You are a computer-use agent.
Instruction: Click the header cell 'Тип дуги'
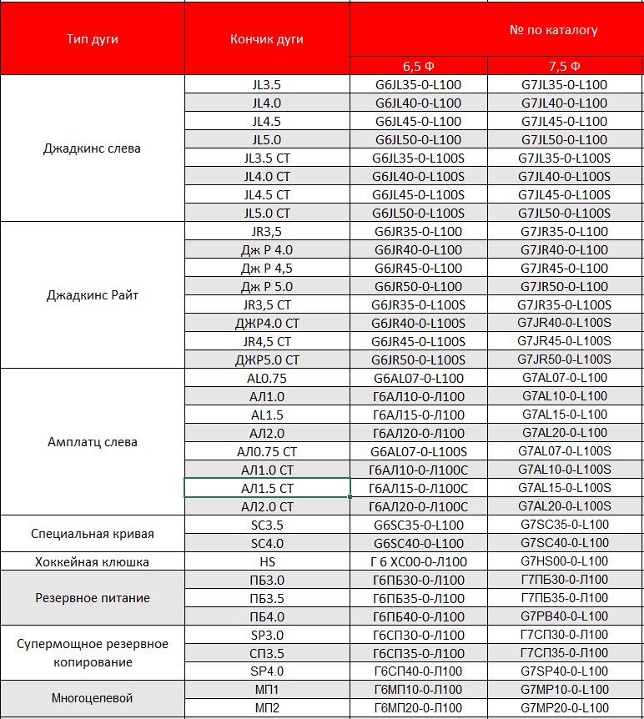(x=92, y=39)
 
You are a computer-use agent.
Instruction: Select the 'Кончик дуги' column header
(x=267, y=39)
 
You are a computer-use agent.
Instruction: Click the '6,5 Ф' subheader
(x=418, y=67)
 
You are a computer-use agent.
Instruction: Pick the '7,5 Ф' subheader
(x=565, y=67)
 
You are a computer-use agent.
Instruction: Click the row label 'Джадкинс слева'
(x=92, y=148)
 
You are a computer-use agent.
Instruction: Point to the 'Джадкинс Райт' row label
(x=92, y=295)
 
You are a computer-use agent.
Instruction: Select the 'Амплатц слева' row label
(x=92, y=442)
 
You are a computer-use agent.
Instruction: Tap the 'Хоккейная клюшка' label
(x=92, y=561)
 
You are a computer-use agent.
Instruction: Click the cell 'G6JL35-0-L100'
(x=418, y=85)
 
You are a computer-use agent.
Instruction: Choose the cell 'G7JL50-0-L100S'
(x=565, y=214)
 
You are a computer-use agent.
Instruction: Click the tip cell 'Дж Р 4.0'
(x=267, y=250)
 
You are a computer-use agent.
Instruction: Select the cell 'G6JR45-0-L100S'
(x=418, y=341)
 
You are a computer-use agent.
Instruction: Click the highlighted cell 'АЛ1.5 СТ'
(x=267, y=488)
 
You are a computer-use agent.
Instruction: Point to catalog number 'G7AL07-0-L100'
(x=565, y=378)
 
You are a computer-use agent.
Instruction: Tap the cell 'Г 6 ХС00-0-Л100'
(x=418, y=561)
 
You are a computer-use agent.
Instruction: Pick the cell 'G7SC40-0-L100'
(x=565, y=543)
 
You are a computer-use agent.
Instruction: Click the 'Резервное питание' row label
(x=92, y=598)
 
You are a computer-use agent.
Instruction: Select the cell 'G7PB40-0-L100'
(x=565, y=616)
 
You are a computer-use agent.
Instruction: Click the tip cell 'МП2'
(x=267, y=708)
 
